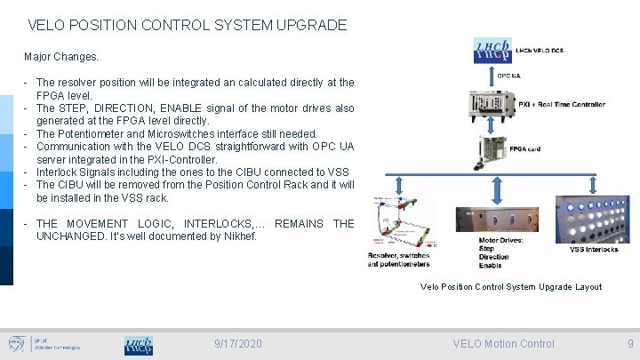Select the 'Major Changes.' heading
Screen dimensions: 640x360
(x=61, y=57)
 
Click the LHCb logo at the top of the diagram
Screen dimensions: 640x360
(x=492, y=50)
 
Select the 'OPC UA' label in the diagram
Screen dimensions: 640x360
(x=508, y=76)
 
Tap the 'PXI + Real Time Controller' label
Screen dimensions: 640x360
(x=561, y=104)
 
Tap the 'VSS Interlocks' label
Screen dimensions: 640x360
(x=594, y=250)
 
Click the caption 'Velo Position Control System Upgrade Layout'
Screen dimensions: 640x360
(x=510, y=287)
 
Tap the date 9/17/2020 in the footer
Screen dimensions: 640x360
(x=238, y=344)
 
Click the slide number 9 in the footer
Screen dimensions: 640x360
(x=630, y=344)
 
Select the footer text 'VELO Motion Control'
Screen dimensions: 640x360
(x=503, y=344)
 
